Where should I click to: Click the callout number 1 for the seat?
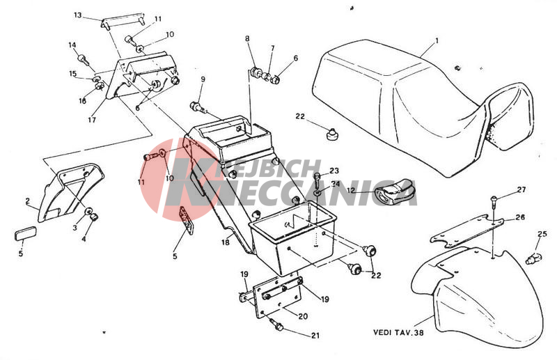[x=437, y=41]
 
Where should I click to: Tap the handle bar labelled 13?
[x=123, y=21]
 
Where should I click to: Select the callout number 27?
[x=521, y=190]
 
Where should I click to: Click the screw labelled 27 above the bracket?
[x=494, y=203]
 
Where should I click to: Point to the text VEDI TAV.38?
[x=398, y=333]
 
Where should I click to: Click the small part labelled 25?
[x=533, y=258]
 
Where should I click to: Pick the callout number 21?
[x=315, y=335]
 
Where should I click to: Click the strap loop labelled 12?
[x=395, y=191]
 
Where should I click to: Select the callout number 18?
[x=225, y=243]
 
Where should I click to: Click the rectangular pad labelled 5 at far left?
[x=25, y=234]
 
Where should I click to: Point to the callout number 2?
[x=28, y=201]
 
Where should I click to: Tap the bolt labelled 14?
[x=83, y=59]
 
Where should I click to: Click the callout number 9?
[x=203, y=79]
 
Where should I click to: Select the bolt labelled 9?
[x=196, y=107]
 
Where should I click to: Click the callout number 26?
[x=520, y=217]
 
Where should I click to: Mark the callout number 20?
[x=303, y=316]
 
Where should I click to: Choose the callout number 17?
[x=92, y=120]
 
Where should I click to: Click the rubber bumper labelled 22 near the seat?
[x=331, y=134]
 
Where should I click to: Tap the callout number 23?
[x=334, y=171]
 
